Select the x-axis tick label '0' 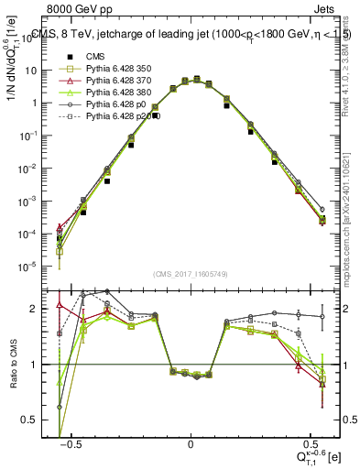191,442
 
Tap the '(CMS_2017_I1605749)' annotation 191,275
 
